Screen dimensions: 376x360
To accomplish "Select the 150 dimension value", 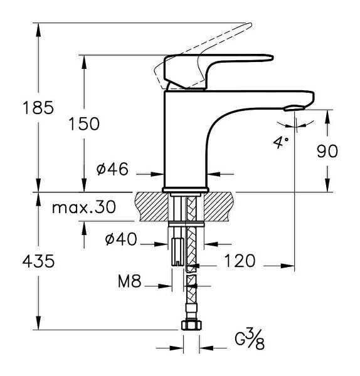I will (x=84, y=123).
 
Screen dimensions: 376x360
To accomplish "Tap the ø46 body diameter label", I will (x=112, y=169).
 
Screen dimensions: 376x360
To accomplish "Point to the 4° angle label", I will (x=280, y=143).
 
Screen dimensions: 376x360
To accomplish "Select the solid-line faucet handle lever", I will (x=220, y=63).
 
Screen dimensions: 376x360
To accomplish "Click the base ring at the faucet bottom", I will (x=186, y=189).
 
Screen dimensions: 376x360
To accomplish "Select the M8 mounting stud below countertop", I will (x=177, y=251).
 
